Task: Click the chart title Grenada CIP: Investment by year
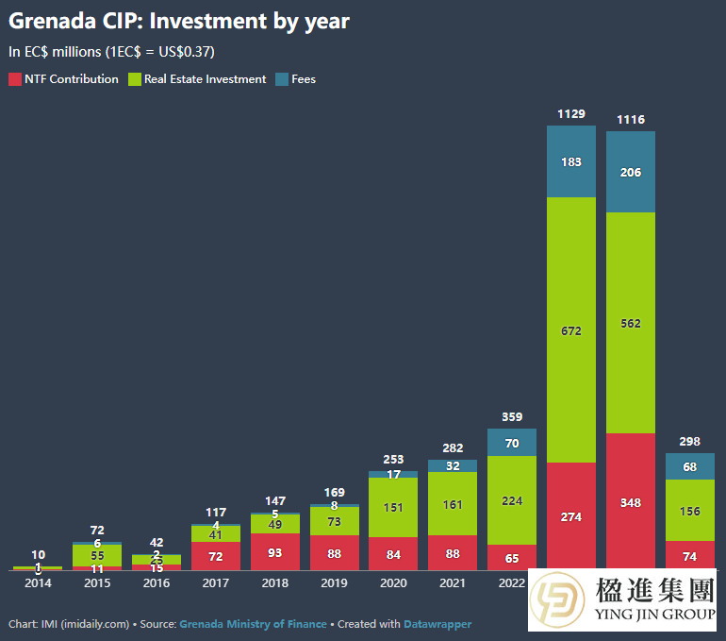[179, 21]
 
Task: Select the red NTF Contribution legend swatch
[14, 79]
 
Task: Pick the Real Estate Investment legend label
[204, 79]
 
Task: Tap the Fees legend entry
[303, 79]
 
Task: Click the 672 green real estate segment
[571, 330]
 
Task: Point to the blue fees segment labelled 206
[631, 172]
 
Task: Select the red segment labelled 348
[631, 502]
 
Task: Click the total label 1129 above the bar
[571, 114]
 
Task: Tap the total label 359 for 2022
[512, 416]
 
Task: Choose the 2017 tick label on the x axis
[216, 582]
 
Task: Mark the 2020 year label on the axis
[393, 582]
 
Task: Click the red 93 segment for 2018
[274, 552]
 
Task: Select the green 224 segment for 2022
[512, 500]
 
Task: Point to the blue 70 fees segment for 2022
[512, 443]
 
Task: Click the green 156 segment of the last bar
[690, 511]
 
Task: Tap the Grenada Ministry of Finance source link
[253, 624]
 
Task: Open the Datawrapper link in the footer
[437, 624]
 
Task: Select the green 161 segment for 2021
[453, 504]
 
